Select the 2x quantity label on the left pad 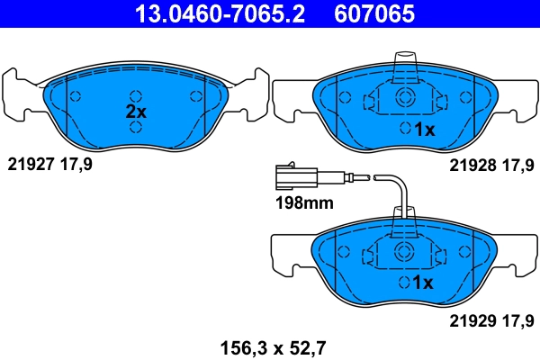point(135,112)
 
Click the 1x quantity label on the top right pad point(424,130)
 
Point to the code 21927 point(30,165)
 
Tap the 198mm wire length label point(302,203)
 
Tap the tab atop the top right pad point(405,65)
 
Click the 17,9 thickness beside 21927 point(76,165)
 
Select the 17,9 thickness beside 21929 point(519,319)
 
